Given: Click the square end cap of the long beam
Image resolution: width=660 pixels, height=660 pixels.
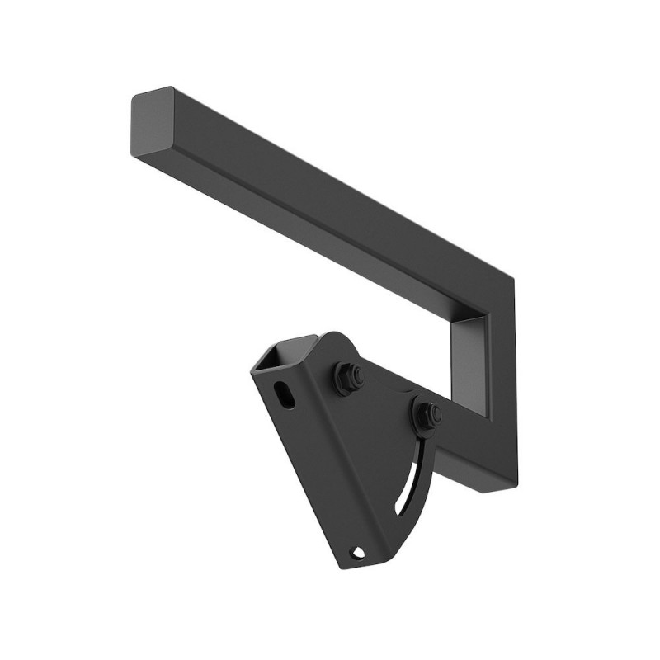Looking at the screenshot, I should pos(150,123).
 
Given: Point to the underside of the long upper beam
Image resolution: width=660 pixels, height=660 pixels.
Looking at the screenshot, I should pos(330,247).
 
